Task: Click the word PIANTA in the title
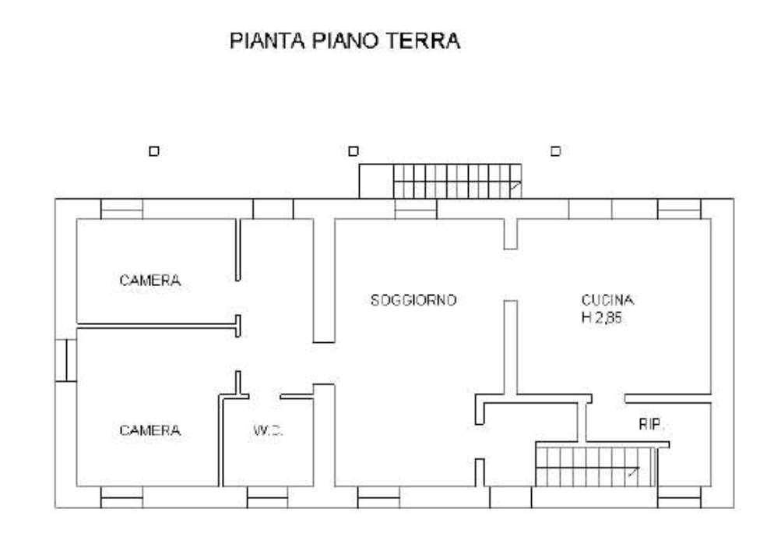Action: tap(267, 41)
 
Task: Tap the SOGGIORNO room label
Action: tap(413, 300)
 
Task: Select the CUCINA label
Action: tap(607, 300)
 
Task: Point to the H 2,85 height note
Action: tap(602, 318)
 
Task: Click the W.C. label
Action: tap(268, 430)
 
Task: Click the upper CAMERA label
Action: tap(150, 280)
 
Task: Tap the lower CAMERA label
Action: tap(150, 430)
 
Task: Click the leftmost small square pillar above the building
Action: tap(154, 151)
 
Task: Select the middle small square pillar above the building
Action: tap(354, 151)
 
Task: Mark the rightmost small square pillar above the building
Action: tap(556, 151)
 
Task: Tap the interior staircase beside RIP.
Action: tap(596, 467)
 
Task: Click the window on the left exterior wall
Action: tap(65, 360)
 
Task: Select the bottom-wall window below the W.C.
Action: tap(267, 497)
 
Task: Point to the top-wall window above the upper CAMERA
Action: tap(122, 209)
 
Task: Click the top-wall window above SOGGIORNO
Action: tap(416, 209)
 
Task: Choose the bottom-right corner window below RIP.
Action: tap(679, 497)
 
